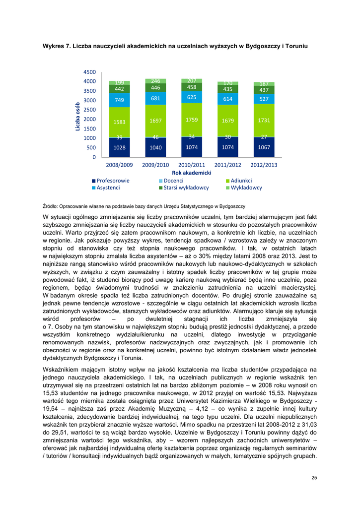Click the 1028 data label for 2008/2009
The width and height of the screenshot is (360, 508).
[x=119, y=148]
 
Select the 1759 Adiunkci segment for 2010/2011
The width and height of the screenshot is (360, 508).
[x=192, y=120]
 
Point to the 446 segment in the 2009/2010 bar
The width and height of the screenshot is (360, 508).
[x=155, y=88]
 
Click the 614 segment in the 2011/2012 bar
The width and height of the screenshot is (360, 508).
[x=228, y=99]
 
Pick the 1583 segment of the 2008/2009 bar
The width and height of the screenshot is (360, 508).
[x=119, y=122]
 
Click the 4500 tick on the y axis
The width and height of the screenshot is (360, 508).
[x=89, y=72]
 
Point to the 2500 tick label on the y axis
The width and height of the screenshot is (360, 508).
[x=89, y=110]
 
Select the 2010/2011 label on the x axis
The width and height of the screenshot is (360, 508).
[x=192, y=164]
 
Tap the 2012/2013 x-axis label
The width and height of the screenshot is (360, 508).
[x=264, y=164]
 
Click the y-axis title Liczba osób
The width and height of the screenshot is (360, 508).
[x=78, y=117]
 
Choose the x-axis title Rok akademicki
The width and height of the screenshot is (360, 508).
[x=192, y=172]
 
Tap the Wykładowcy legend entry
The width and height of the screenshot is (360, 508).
[x=246, y=188]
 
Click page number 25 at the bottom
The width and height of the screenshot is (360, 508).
[x=314, y=477]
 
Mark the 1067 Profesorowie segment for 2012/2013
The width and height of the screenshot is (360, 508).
[x=264, y=147]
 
